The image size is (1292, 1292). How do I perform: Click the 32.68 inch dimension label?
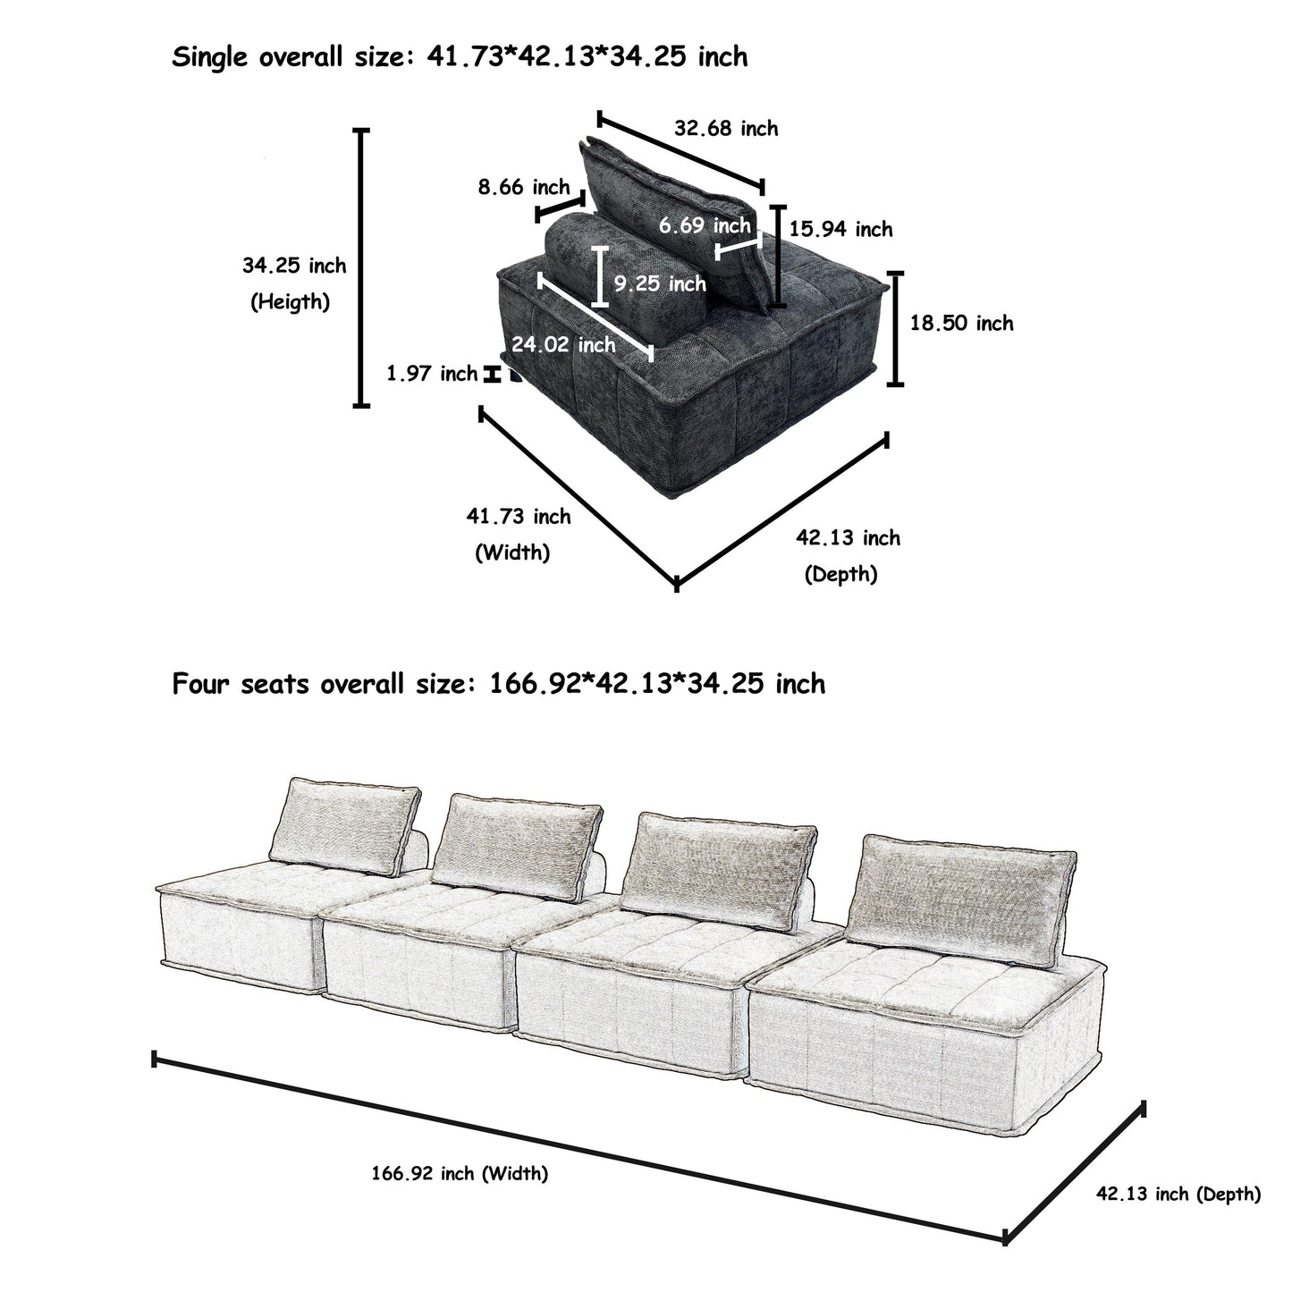pos(725,129)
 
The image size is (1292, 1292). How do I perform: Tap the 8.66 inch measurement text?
pos(523,187)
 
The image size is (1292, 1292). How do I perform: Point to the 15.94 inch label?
pos(840,230)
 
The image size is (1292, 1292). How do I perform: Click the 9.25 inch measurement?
pos(660,283)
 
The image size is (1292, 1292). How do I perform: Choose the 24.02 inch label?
pos(563,344)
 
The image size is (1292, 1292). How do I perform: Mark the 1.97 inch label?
pos(432,374)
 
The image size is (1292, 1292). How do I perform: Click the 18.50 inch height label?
pos(961,323)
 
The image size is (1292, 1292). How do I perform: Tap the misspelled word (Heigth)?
pos(290,302)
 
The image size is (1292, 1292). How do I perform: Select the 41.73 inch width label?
pos(518,516)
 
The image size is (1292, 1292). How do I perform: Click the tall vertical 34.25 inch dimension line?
pos(361,268)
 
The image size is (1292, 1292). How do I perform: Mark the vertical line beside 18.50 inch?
pos(895,328)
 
